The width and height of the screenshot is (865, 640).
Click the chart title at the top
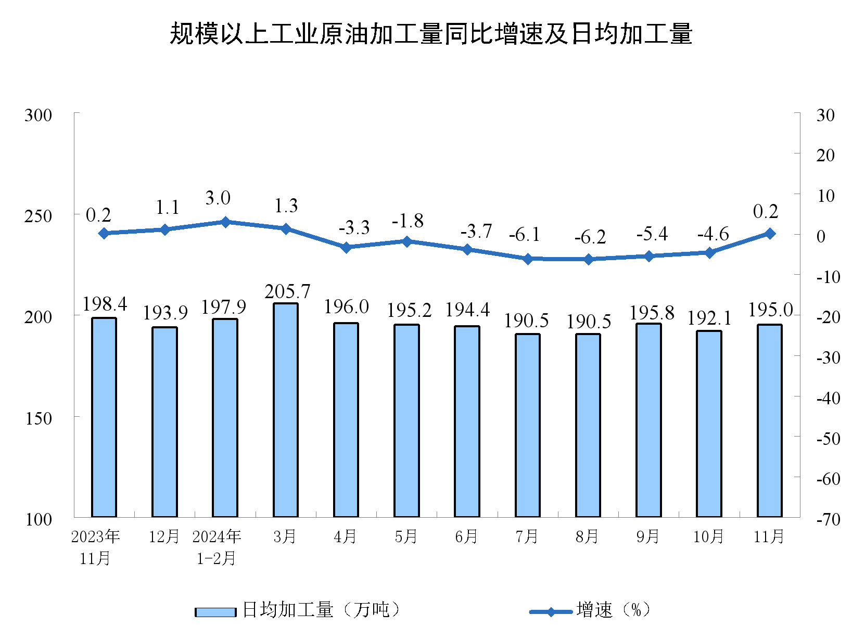click(431, 34)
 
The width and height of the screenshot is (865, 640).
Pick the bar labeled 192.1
click(709, 424)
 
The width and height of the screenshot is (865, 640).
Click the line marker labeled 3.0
click(225, 222)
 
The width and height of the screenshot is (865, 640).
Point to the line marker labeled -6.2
click(589, 259)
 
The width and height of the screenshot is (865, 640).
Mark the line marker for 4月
click(346, 247)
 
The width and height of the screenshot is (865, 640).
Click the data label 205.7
click(287, 291)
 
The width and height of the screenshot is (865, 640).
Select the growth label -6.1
click(525, 235)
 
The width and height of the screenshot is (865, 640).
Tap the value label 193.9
click(165, 313)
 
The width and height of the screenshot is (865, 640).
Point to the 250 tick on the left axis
click(39, 216)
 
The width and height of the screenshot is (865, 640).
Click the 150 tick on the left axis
click(39, 418)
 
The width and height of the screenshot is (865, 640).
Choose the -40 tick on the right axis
click(828, 399)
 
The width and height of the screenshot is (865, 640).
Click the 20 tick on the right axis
click(825, 155)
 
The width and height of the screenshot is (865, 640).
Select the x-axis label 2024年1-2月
click(217, 547)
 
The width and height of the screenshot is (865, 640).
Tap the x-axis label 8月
click(587, 536)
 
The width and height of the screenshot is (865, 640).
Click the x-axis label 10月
click(708, 536)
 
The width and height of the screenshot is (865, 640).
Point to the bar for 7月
click(528, 425)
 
